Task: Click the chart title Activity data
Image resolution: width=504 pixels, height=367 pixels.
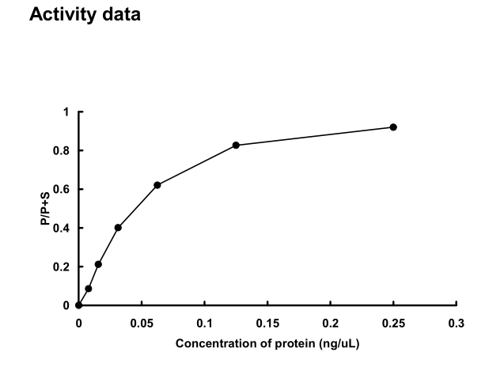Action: pos(85,15)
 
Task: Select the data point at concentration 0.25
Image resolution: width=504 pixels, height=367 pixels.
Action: pos(393,127)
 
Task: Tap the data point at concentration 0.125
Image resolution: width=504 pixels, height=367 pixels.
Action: pos(236,146)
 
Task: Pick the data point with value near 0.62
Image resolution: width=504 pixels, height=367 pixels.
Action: pos(157,185)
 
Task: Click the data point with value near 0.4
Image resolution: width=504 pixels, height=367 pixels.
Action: pos(118,228)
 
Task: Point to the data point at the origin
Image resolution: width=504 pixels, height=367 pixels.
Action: pos(78,305)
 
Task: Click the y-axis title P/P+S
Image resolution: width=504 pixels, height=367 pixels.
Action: pos(47,209)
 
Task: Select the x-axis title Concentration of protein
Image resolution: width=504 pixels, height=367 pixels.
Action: pos(267,343)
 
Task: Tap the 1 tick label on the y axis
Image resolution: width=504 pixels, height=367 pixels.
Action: pos(66,112)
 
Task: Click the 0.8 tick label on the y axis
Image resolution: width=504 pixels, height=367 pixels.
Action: pos(63,151)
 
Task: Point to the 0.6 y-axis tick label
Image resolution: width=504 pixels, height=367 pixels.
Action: pos(63,190)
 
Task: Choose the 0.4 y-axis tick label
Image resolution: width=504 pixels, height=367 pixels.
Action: pos(63,228)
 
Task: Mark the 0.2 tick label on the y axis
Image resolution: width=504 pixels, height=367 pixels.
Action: pos(63,267)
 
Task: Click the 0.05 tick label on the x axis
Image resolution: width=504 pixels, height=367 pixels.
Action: pos(142,323)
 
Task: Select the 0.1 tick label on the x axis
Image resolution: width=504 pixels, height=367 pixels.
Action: pos(204,323)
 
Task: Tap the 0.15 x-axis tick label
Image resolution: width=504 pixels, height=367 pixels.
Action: pos(267,323)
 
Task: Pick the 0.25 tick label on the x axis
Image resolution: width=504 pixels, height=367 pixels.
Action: pos(393,323)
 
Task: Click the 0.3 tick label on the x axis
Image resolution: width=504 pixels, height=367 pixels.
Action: pos(457,323)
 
